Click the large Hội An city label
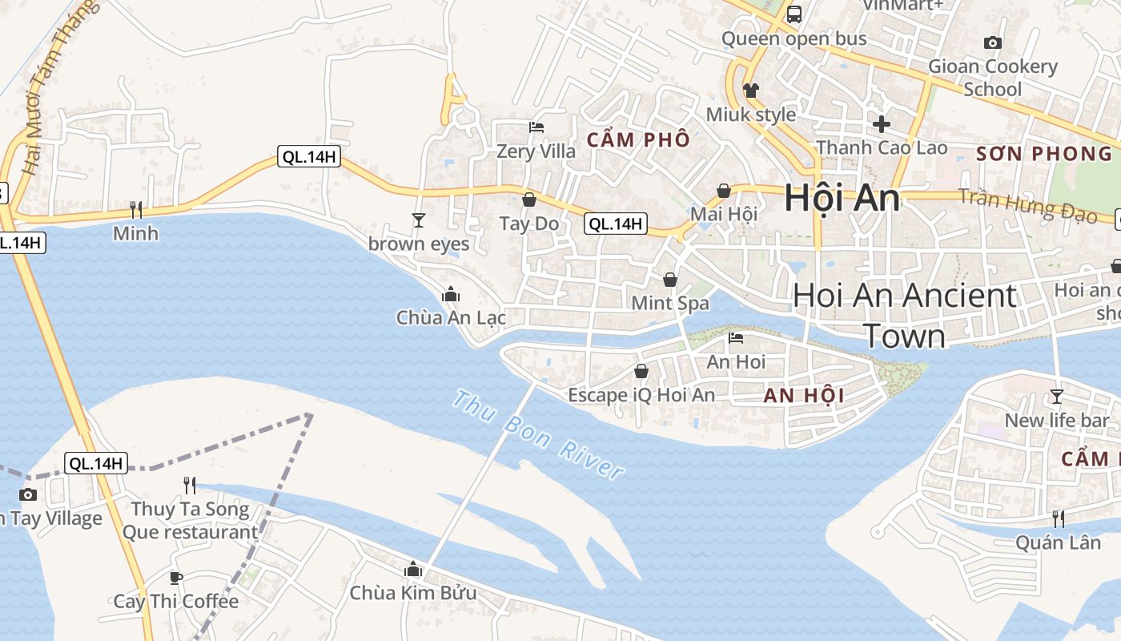click(x=842, y=198)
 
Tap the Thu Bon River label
click(x=538, y=434)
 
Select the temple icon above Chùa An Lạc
click(x=451, y=294)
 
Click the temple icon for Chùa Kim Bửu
click(x=413, y=569)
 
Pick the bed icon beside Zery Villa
click(x=536, y=127)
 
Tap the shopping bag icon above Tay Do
click(x=528, y=200)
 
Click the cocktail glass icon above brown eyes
click(x=418, y=220)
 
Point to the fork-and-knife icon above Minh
click(x=136, y=210)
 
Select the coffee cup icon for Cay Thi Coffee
click(x=176, y=578)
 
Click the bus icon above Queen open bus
click(x=794, y=14)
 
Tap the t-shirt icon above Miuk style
click(x=750, y=90)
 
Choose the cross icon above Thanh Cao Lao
click(x=881, y=124)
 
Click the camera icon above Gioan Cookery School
click(x=993, y=42)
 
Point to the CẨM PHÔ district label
click(x=638, y=140)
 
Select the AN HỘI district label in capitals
click(x=804, y=395)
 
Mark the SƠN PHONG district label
click(x=1044, y=154)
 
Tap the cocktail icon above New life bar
click(x=1057, y=396)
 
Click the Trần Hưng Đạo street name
click(x=1029, y=204)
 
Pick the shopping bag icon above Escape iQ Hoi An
click(x=641, y=371)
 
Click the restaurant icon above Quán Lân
click(x=1058, y=518)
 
